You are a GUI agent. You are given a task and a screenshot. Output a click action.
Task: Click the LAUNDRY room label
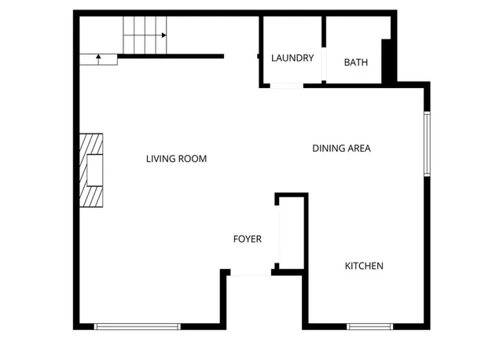(x=292, y=58)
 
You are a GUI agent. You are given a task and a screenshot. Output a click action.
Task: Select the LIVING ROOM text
(x=176, y=159)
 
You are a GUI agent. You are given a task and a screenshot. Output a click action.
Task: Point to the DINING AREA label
(x=341, y=148)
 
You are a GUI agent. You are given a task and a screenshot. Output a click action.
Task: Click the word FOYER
(x=247, y=239)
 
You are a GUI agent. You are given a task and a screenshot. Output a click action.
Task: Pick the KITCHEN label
(x=364, y=266)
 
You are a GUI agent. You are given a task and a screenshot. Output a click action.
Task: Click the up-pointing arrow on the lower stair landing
(x=98, y=58)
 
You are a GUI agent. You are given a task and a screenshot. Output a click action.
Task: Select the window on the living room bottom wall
(x=138, y=326)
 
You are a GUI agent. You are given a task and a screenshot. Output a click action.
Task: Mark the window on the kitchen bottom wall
(x=369, y=326)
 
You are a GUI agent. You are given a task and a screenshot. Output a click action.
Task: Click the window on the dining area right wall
(x=427, y=144)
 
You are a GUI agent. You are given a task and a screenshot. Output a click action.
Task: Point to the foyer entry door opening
(x=251, y=273)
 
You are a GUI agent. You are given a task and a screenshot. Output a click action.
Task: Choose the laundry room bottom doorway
(x=286, y=84)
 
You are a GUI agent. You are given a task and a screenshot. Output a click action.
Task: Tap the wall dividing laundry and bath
(x=323, y=47)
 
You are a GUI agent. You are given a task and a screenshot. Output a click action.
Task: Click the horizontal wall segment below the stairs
(x=171, y=56)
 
